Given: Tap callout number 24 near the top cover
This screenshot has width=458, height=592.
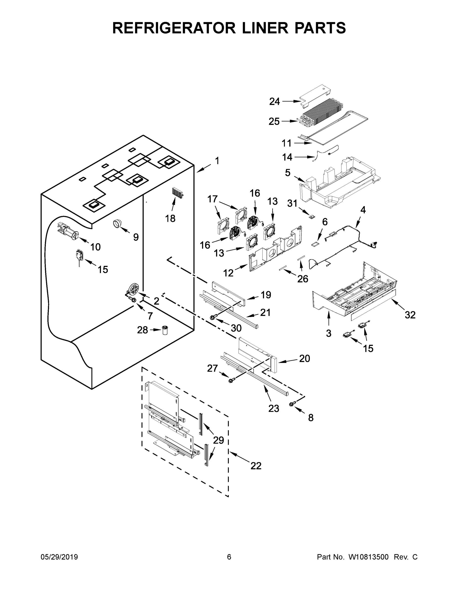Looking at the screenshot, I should pyautogui.click(x=274, y=101).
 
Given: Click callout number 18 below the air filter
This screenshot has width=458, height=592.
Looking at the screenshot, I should pyautogui.click(x=170, y=218).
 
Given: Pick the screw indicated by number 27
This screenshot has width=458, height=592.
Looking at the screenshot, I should pyautogui.click(x=231, y=380).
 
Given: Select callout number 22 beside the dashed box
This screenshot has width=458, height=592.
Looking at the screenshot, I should pyautogui.click(x=256, y=466).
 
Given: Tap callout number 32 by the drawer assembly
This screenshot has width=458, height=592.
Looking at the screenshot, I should pyautogui.click(x=410, y=315).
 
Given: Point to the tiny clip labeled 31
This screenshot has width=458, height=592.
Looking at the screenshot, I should pyautogui.click(x=312, y=216).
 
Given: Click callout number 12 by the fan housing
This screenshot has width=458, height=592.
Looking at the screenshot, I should pyautogui.click(x=228, y=273).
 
